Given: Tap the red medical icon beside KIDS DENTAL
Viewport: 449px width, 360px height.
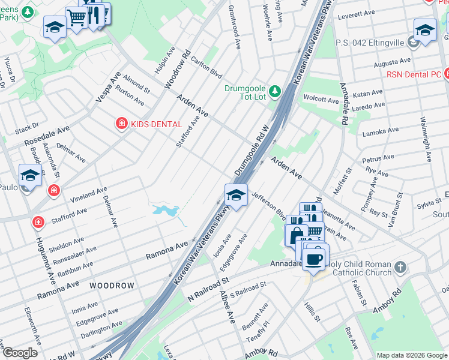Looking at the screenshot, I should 121,124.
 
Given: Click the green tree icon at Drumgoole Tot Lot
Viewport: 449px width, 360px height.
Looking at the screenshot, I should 275,91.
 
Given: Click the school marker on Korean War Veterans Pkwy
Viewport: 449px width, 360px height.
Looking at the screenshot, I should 236,195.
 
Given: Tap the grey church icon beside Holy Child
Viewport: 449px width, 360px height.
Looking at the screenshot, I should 401,266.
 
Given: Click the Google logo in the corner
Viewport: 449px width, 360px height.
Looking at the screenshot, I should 20,352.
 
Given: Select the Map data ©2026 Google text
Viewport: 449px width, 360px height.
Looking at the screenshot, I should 412,355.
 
